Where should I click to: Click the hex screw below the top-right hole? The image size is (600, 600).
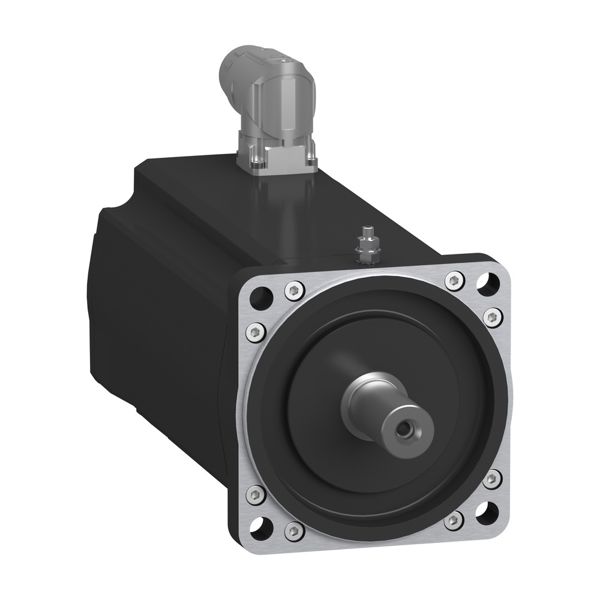point(493,317)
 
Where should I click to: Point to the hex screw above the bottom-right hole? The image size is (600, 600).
point(492,478)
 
